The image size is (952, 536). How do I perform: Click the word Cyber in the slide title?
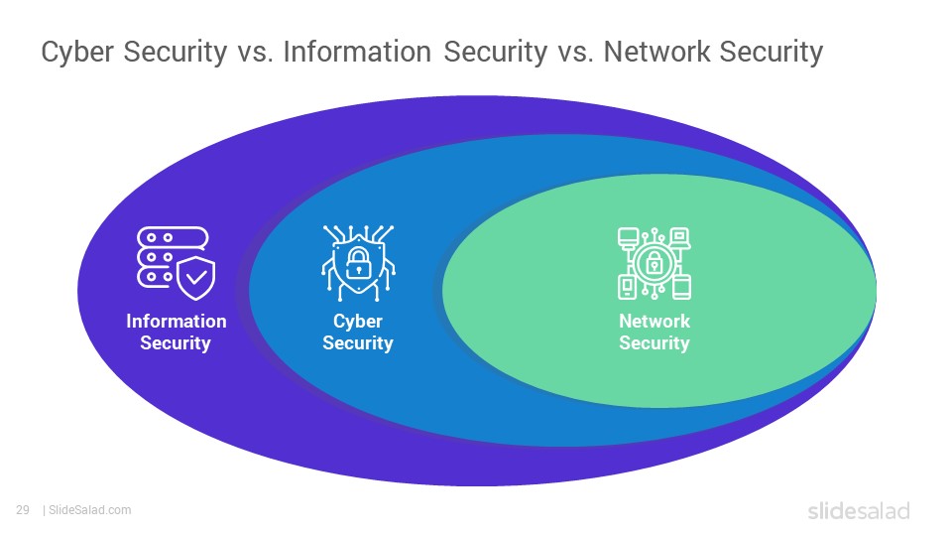pyautogui.click(x=77, y=53)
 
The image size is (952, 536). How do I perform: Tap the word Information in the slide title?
pyautogui.click(x=357, y=52)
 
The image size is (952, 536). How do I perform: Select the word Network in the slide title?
pyautogui.click(x=656, y=52)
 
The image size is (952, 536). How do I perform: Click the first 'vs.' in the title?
pyautogui.click(x=255, y=54)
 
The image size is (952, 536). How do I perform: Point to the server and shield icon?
pyautogui.click(x=176, y=263)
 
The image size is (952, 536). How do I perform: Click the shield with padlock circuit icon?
pyautogui.click(x=358, y=263)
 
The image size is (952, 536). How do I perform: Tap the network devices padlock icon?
pyautogui.click(x=654, y=263)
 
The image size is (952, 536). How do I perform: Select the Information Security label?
pyautogui.click(x=177, y=332)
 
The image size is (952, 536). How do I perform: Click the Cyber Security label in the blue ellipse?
pyautogui.click(x=358, y=332)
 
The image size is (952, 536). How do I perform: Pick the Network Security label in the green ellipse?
pyautogui.click(x=654, y=332)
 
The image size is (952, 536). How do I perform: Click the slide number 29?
pyautogui.click(x=23, y=510)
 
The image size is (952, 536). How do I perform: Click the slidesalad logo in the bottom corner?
pyautogui.click(x=859, y=510)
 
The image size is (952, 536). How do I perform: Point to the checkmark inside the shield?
pyautogui.click(x=196, y=278)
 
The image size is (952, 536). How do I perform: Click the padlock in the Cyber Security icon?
pyautogui.click(x=358, y=262)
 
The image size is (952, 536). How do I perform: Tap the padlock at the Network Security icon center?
pyautogui.click(x=654, y=263)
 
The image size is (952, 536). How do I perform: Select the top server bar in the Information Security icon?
pyautogui.click(x=173, y=237)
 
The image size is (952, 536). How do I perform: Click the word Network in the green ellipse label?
pyautogui.click(x=654, y=321)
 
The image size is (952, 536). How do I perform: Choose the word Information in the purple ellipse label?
pyautogui.click(x=177, y=321)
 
